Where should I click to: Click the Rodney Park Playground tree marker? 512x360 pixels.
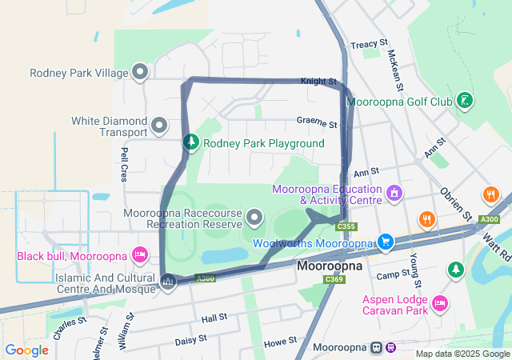tap(191, 142)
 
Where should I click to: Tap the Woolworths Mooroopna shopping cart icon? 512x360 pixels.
tap(386, 242)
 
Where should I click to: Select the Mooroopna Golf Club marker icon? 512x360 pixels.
tap(463, 102)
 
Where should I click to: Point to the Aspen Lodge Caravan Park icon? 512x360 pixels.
tap(438, 303)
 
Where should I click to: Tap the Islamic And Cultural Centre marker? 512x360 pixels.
tap(168, 282)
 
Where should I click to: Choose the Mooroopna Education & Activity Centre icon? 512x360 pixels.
tap(393, 194)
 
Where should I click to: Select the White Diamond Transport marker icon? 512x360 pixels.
tap(158, 126)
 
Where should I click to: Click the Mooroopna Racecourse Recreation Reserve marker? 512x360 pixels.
tap(254, 217)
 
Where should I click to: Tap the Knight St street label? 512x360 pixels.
tap(318, 82)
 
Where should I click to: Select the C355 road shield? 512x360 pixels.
tap(346, 227)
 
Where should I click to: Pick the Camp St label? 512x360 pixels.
tap(393, 275)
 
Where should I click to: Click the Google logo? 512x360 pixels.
tap(26, 350)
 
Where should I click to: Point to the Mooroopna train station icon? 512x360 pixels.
tap(376, 347)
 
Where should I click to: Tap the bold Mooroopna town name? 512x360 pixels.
tap(330, 265)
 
